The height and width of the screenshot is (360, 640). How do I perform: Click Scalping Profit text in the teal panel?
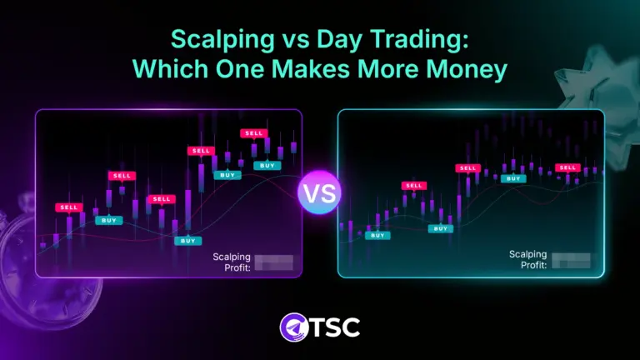[x=528, y=259]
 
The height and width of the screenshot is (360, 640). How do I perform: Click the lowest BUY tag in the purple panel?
[x=188, y=241]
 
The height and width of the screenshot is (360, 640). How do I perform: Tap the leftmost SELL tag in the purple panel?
[x=69, y=207]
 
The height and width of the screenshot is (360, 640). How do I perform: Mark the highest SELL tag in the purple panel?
[x=253, y=133]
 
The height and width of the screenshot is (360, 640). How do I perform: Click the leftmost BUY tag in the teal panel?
[x=377, y=235]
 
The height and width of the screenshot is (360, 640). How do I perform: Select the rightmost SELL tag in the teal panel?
[x=567, y=167]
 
